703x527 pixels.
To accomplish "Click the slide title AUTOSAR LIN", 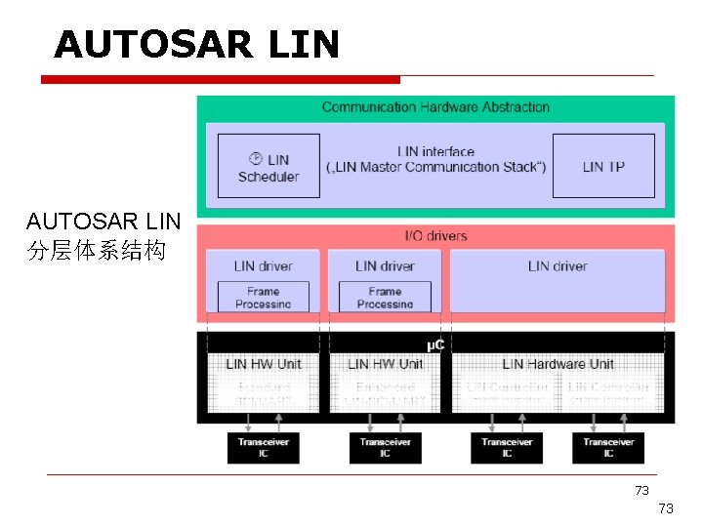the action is pos(196,45).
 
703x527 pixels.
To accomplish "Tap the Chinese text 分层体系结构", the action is pos(97,251).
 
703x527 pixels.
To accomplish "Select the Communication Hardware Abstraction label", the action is pos(435,106).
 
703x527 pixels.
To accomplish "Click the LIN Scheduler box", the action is pos(269,167).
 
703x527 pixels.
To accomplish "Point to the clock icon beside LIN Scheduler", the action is pos(256,158).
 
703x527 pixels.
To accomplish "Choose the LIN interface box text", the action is pos(435,159).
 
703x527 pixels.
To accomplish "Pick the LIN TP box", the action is pos(603,167).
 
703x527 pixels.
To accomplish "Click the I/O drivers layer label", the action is pos(435,235).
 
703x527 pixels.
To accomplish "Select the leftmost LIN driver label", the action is pos(263,265).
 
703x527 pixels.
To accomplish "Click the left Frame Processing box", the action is pos(263,297).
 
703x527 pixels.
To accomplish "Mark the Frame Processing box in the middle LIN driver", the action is pos(385,297).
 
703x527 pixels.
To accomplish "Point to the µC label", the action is pos(436,345).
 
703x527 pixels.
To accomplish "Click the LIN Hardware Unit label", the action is pos(558,364).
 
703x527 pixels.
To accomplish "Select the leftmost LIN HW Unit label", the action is pos(264,364).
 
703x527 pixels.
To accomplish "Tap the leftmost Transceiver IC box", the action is pos(264,447).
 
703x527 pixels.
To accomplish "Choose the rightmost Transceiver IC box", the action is pos(608,447).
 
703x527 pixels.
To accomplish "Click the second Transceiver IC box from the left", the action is pos(385,447).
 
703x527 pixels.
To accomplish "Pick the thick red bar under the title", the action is pos(221,79).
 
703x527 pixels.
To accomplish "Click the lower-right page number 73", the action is pos(666,508).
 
